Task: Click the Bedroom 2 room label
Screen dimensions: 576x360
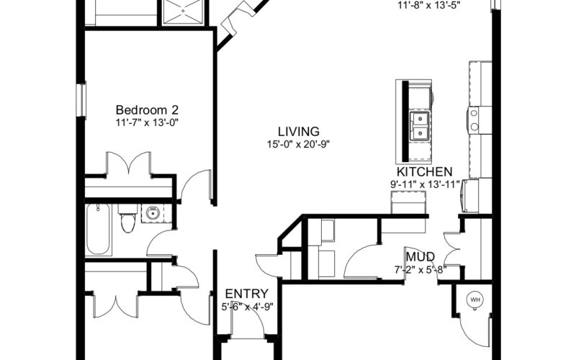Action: coord(147,110)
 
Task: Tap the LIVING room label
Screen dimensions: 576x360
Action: coord(298,131)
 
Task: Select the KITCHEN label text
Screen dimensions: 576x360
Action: coord(424,171)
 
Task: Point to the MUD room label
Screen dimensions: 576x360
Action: coord(420,256)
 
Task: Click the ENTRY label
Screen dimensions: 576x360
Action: coord(246,294)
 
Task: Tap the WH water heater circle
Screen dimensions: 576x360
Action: coord(475,300)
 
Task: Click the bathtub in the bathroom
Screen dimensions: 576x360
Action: coord(98,230)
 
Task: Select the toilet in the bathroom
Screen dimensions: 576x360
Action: coord(127,219)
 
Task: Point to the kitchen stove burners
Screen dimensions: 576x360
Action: coord(474,120)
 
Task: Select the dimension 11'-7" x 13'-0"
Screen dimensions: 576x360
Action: coord(147,122)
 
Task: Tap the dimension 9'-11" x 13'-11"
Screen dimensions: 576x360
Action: coord(425,184)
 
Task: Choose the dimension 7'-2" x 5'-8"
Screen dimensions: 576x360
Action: coord(420,270)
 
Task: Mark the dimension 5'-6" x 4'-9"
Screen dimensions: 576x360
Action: coord(247,307)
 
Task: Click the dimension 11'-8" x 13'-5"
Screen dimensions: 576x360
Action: coord(429,6)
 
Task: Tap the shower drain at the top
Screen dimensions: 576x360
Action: coord(183,11)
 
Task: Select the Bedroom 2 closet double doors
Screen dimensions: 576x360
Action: coord(128,163)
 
